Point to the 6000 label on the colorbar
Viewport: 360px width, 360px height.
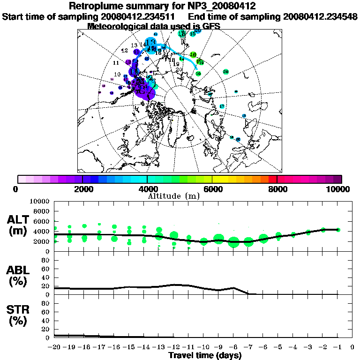(x=212, y=189)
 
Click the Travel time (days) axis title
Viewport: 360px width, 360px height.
(x=205, y=356)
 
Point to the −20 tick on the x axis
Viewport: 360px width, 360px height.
(x=54, y=347)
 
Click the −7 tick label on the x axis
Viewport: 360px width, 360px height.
(x=248, y=347)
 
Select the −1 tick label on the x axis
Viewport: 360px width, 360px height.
(x=337, y=347)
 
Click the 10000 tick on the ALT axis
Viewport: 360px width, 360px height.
(x=41, y=201)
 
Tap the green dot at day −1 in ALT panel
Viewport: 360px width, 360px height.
(x=338, y=230)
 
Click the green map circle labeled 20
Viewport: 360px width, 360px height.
(x=225, y=72)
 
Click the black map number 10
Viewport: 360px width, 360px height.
(x=117, y=75)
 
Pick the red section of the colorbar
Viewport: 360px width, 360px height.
(x=272, y=179)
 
